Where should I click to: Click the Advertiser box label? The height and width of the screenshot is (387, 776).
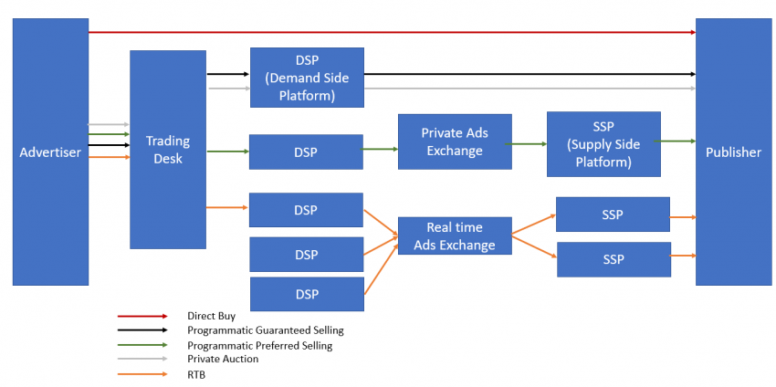point(50,152)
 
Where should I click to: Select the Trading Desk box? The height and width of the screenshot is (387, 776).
point(168,150)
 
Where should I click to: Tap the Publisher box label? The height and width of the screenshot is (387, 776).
point(733,152)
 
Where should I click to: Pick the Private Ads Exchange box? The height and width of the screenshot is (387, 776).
point(455,141)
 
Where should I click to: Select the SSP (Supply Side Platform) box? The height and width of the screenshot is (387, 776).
point(603,144)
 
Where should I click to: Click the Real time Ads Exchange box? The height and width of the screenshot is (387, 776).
point(455,235)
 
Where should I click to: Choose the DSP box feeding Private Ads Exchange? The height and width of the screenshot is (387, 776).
point(306,152)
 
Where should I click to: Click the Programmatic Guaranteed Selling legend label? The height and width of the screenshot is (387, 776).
point(266,330)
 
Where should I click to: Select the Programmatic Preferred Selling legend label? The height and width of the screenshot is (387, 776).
point(259,346)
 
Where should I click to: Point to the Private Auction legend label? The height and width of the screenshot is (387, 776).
point(223,359)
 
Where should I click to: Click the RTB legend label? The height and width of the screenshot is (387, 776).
point(197,374)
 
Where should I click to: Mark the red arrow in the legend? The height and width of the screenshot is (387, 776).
point(142,316)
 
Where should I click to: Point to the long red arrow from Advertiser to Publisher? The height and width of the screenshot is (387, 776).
point(393,32)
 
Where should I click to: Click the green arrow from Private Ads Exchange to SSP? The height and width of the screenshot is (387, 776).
point(529,143)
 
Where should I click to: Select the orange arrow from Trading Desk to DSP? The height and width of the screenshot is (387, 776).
point(227,208)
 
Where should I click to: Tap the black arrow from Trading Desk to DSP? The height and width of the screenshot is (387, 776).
point(227,73)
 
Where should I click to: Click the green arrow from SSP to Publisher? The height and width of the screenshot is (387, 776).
point(677,141)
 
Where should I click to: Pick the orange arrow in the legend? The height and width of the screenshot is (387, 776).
point(142,374)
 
